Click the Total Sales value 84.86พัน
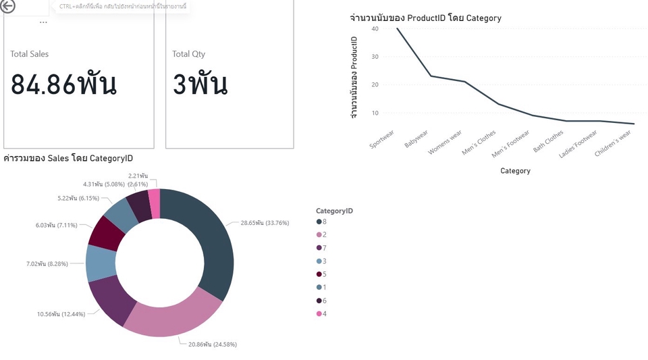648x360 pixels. point(64,84)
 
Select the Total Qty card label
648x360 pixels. point(188,54)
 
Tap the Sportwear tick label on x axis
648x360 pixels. point(383,138)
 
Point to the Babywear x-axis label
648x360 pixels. point(416,140)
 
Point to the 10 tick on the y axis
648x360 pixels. point(375,113)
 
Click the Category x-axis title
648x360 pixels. point(515,171)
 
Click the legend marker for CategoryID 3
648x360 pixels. point(319,261)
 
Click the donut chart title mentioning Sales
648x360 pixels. point(68,159)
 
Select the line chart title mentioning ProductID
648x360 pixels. point(425,18)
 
